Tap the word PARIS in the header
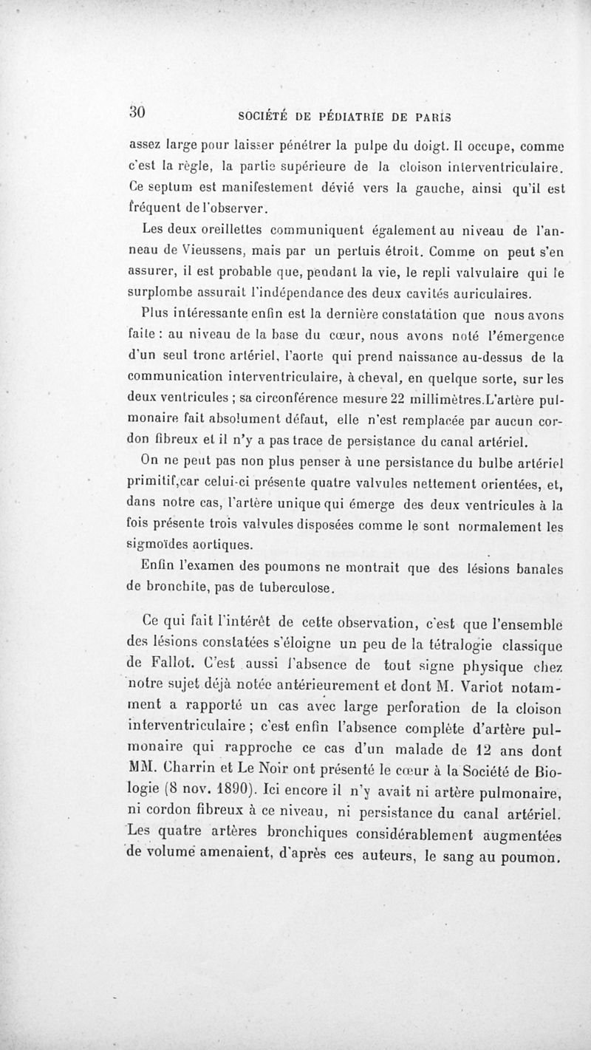(434, 116)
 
